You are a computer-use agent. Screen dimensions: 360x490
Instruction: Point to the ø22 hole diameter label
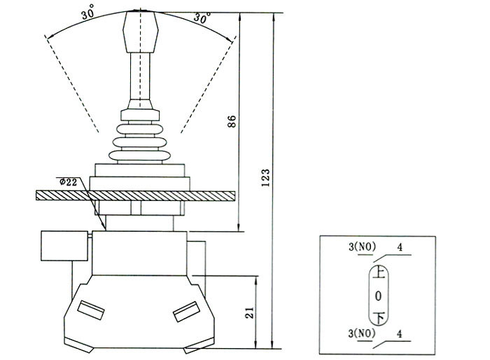70,181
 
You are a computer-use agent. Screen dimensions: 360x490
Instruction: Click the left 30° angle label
87,14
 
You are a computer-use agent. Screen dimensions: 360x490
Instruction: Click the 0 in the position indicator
377,294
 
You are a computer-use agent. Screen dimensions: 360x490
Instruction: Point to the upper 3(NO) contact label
362,247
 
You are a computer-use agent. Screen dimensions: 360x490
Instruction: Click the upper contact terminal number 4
400,247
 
